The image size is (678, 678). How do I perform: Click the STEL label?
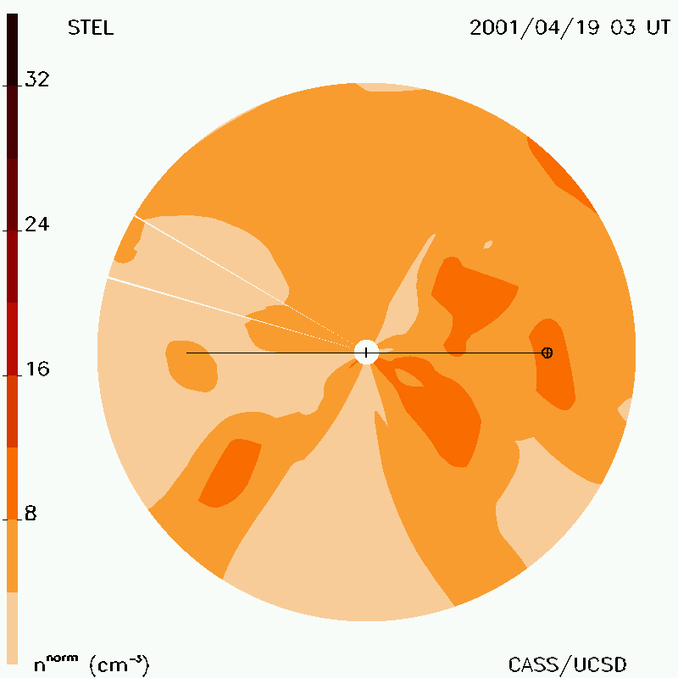(91, 28)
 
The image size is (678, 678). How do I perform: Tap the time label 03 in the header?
(623, 28)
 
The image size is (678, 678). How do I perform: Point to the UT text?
(659, 28)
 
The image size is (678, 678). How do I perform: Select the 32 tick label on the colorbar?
(37, 79)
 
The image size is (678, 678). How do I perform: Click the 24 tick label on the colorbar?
(37, 224)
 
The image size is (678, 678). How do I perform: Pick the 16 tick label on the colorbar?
(37, 369)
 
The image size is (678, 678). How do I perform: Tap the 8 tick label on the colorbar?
(31, 514)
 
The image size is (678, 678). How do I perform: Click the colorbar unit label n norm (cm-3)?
(92, 664)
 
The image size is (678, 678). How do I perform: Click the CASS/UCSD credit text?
(567, 665)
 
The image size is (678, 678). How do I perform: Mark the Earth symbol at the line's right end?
(547, 353)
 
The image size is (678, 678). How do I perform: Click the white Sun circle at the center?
(367, 353)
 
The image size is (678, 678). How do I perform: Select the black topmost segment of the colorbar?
(12, 50)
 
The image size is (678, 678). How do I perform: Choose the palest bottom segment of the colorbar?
(12, 628)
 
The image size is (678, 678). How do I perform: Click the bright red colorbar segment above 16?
(12, 338)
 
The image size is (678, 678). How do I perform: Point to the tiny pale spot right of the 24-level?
(488, 245)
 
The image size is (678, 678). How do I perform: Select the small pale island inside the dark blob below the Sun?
(408, 377)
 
